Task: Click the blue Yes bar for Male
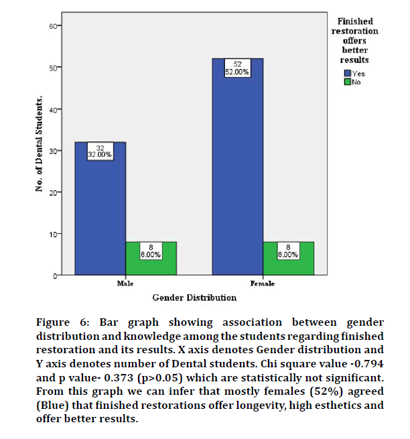point(100,214)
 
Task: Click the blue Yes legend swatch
point(347,74)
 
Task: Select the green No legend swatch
point(347,82)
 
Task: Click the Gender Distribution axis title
point(194,297)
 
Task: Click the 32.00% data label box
point(100,151)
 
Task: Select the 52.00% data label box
point(237,68)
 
